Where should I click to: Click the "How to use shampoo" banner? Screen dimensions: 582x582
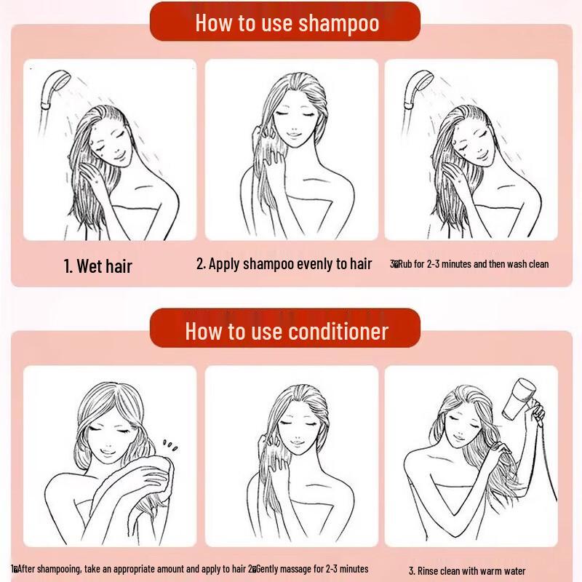click(x=287, y=23)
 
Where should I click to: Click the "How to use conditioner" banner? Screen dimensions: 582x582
click(x=287, y=332)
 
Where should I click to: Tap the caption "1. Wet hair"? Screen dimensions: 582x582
click(x=97, y=266)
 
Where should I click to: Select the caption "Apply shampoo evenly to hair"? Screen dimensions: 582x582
click(x=284, y=263)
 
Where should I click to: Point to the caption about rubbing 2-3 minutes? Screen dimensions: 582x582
click(x=470, y=264)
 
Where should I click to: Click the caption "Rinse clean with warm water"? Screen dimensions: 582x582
click(x=466, y=571)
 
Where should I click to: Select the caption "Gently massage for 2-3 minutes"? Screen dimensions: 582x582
click(x=310, y=569)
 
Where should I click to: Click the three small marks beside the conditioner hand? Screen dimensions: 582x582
click(x=170, y=443)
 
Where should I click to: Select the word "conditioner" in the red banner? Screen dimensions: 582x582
click(x=339, y=332)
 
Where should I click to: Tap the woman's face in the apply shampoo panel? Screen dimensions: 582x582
click(x=289, y=120)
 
